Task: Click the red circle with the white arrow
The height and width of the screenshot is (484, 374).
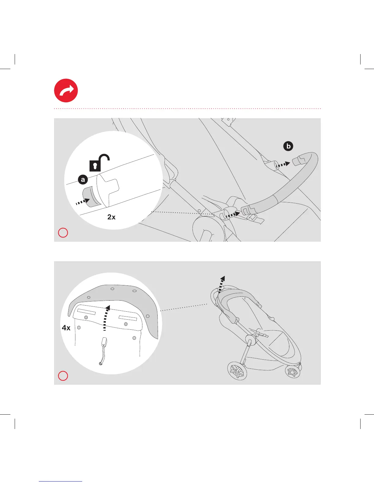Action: point(66,90)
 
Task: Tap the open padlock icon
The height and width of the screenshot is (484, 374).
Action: point(99,163)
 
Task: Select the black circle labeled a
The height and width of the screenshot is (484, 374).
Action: point(83,180)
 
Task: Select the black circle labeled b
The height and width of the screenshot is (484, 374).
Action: point(288,146)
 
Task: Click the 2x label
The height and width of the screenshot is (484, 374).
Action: point(112,217)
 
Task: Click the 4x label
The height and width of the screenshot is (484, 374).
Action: point(66,328)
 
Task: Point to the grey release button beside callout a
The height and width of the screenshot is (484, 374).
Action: point(90,197)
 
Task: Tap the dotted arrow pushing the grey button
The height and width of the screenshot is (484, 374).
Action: point(82,201)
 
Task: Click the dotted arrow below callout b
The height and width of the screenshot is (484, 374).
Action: point(283,165)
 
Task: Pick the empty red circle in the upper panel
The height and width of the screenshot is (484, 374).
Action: point(63,233)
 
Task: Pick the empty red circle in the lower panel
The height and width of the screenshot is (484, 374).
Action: point(63,376)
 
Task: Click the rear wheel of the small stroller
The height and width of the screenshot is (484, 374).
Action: point(237,371)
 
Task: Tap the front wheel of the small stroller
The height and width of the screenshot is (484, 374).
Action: point(293,372)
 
